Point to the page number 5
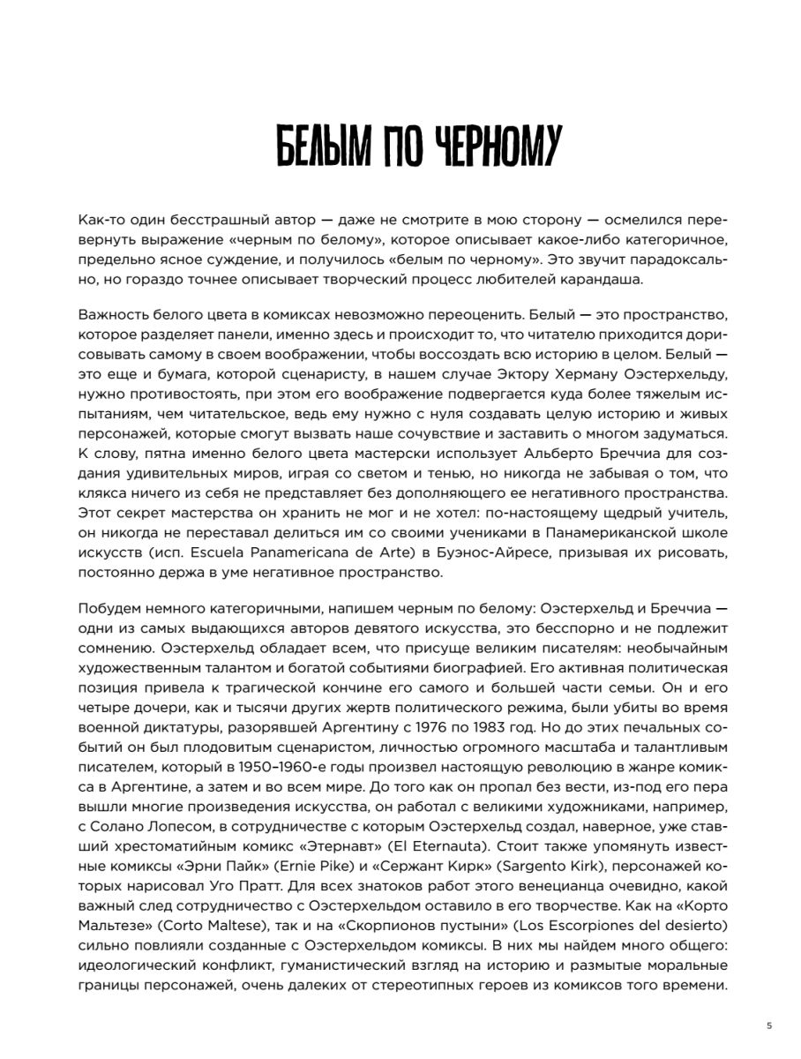(769, 1025)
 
